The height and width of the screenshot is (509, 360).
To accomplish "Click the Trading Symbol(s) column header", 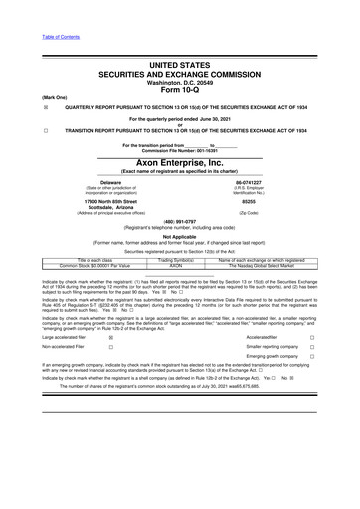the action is pos(178,260).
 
